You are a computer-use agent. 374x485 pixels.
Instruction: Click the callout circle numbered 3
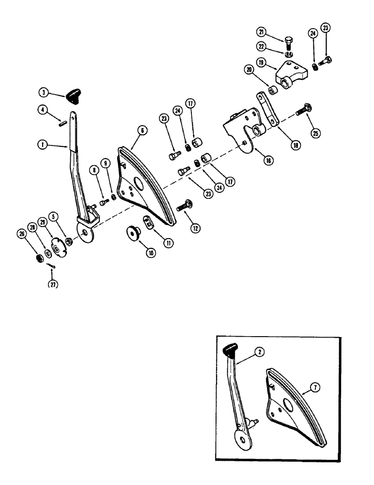[45, 93]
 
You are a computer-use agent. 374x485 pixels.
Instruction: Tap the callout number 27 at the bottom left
[52, 284]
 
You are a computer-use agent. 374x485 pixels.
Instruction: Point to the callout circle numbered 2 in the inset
[260, 353]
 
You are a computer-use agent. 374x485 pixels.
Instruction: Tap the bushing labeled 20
[273, 90]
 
